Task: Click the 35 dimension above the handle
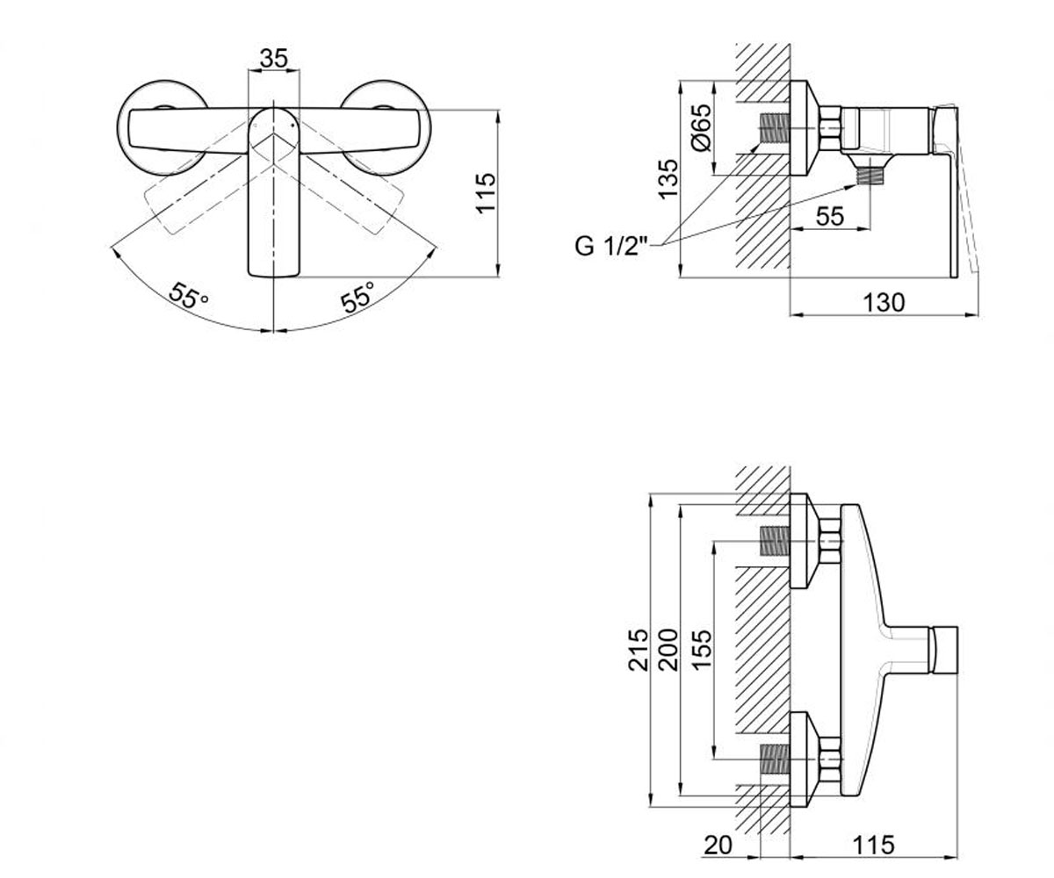pos(273,58)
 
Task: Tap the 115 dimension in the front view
pos(487,193)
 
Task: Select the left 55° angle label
pos(188,296)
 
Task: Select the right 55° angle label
pos(358,297)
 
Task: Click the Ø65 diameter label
pos(701,127)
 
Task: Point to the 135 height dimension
pos(668,179)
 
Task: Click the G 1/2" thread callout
pos(610,247)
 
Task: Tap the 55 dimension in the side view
pos(830,217)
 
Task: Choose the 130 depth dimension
pos(884,303)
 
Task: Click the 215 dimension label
pos(638,649)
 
